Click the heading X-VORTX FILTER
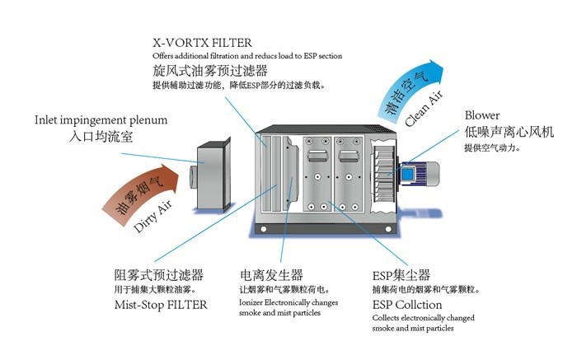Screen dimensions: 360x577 [x=202, y=41]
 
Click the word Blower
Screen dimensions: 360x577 [x=481, y=115]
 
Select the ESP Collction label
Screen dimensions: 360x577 [x=407, y=305]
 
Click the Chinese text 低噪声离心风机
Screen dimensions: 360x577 [x=509, y=132]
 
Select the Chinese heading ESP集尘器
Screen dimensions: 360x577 [x=401, y=274]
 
